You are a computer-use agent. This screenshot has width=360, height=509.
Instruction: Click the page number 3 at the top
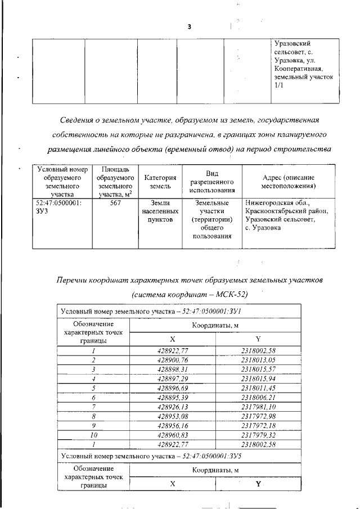point(190,26)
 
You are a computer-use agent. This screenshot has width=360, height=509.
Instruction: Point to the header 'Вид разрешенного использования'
point(212,182)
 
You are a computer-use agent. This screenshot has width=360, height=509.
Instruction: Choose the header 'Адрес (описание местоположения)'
point(288,182)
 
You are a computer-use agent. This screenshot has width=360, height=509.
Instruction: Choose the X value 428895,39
point(172,397)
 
